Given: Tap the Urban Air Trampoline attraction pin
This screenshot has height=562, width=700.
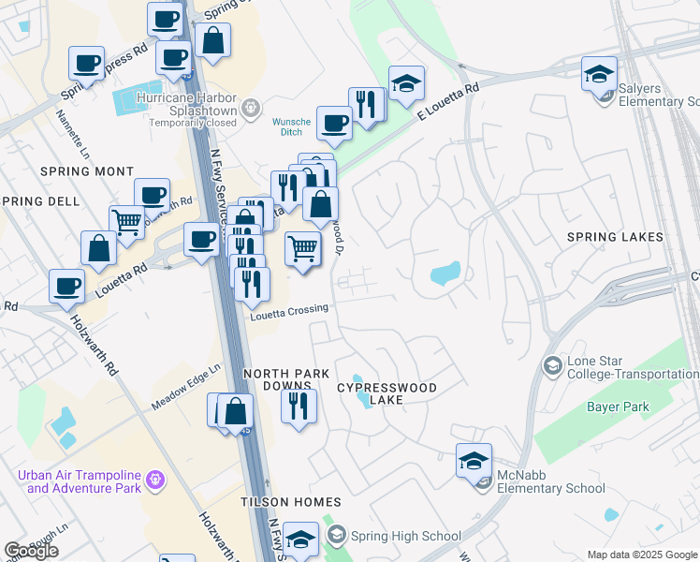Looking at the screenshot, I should click(x=155, y=481).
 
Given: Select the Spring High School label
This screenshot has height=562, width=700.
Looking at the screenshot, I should click(x=404, y=536).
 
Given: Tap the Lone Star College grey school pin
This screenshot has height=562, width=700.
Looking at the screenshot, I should click(x=552, y=364).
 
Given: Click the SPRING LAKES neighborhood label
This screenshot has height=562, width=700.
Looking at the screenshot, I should click(x=615, y=237).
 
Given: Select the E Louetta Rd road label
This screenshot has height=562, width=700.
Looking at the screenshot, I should click(x=447, y=100).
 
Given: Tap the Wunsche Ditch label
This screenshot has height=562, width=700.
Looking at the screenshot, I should click(x=290, y=126).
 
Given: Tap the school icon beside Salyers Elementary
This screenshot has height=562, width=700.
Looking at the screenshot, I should click(x=599, y=74).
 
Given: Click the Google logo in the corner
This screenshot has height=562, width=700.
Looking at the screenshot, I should click(x=31, y=551).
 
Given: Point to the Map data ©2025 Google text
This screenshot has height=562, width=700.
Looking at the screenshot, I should click(x=642, y=555).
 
